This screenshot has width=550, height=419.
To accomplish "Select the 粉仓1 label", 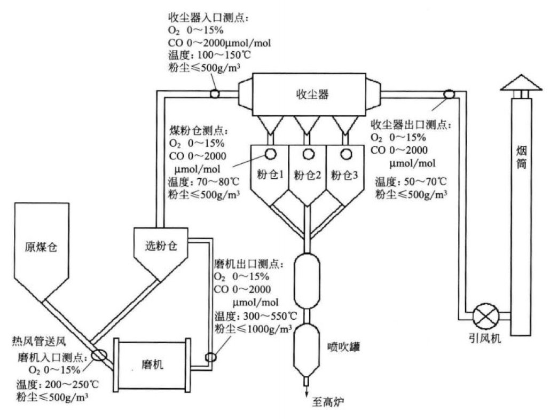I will click(x=272, y=175).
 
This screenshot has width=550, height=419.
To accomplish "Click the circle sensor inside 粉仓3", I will click(x=344, y=154).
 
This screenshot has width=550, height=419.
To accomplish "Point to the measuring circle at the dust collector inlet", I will click(x=214, y=93).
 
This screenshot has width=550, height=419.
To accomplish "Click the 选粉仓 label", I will click(x=160, y=246).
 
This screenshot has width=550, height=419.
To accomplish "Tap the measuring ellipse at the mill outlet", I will click(x=210, y=357).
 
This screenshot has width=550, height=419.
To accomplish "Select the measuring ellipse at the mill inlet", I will click(x=98, y=355).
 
